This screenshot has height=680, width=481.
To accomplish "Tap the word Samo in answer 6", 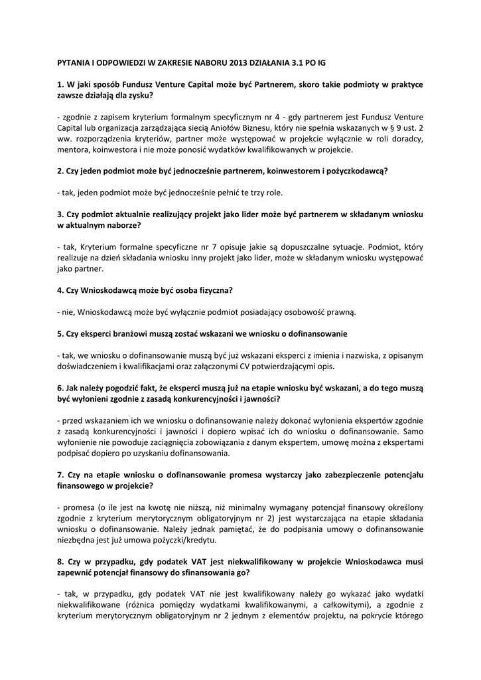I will (x=413, y=430).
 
